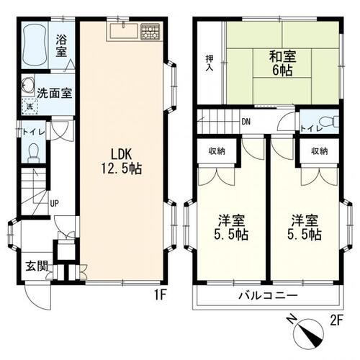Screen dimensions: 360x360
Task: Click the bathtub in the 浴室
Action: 34,45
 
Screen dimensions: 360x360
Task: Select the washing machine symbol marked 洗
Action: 30,106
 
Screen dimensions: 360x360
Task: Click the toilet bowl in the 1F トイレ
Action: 33,152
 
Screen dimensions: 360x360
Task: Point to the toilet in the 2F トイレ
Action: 329,122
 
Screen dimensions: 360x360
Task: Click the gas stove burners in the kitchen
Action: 150,31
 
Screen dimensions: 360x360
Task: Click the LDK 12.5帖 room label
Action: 121,161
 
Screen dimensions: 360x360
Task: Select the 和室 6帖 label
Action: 282,63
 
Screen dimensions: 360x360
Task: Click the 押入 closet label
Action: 210,63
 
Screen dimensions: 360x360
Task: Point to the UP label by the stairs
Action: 54,204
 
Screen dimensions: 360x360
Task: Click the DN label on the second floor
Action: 246,122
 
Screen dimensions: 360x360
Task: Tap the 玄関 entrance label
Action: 37,266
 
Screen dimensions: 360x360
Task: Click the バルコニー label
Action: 268,295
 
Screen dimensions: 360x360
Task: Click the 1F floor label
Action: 160,294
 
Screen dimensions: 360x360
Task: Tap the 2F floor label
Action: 336,320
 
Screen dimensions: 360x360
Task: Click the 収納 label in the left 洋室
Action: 217,151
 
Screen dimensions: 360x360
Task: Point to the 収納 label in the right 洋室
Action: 320,151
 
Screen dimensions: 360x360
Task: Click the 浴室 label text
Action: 61,46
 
